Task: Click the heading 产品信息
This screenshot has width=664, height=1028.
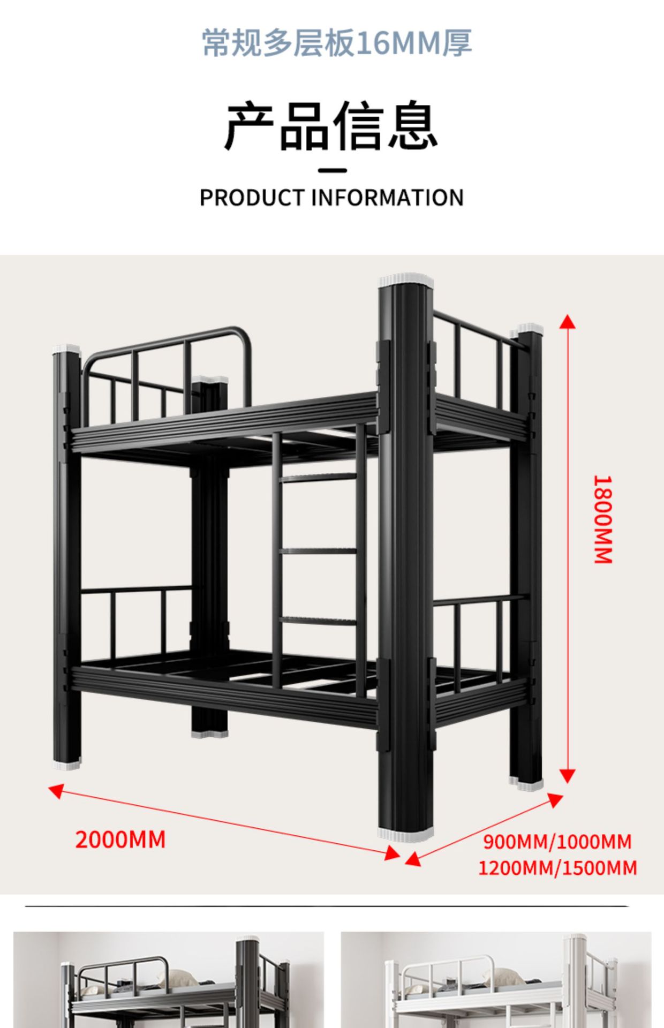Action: (x=331, y=126)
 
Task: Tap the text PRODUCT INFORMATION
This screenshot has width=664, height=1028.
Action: (x=331, y=198)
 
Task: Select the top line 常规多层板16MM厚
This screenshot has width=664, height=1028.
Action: (x=337, y=43)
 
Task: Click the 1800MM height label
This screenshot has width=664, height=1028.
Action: (x=603, y=519)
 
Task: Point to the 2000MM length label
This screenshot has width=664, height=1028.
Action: (x=120, y=840)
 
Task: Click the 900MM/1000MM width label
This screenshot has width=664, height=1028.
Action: (x=557, y=842)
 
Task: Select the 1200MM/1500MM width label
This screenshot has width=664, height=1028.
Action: (x=557, y=868)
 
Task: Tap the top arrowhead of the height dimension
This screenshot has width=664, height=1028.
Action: (x=568, y=321)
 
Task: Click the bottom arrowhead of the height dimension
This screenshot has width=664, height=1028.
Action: (x=568, y=776)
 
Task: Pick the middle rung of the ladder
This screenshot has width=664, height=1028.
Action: (x=318, y=550)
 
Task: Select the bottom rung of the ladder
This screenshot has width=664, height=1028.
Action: (x=318, y=621)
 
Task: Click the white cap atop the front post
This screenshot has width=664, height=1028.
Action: (x=406, y=281)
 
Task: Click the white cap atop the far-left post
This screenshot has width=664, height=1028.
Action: (x=67, y=350)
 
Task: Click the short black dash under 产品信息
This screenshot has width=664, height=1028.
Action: (x=332, y=171)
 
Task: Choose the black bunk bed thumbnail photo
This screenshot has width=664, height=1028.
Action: (x=169, y=979)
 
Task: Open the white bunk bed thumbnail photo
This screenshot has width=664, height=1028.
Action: (x=496, y=979)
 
